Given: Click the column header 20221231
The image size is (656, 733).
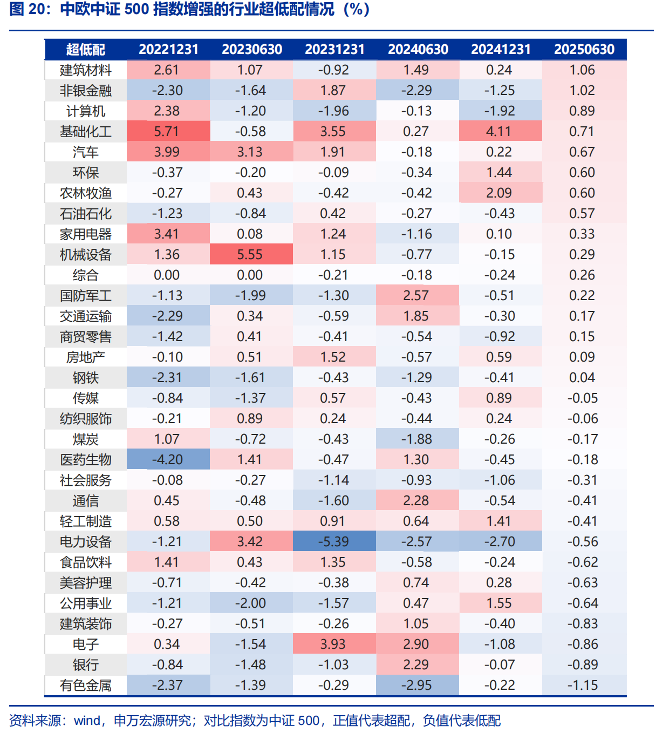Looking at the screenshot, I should coord(168,50).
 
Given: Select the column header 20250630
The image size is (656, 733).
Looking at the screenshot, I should coord(584,50).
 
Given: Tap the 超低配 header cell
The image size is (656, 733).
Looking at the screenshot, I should coord(85,50).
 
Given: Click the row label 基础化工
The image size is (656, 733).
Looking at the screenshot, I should coord(85,132).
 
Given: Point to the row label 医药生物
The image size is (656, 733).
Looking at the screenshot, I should coord(85,460).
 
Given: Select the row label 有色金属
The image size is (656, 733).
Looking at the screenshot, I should coord(85,686).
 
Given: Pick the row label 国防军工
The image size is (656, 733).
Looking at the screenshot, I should coord(85,296).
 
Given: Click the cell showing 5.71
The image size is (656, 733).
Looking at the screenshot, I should coord(167,132).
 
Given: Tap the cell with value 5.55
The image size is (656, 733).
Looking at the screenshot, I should coord(250,255).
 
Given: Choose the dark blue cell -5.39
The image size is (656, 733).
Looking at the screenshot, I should coord(333,542).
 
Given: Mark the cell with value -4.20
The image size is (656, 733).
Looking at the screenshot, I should coord(167,460).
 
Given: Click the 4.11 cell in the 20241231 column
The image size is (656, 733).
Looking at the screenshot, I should coord(499,132).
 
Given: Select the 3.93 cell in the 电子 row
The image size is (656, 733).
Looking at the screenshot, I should coord(333,644).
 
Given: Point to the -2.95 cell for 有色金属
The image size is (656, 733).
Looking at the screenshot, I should coord(416,686).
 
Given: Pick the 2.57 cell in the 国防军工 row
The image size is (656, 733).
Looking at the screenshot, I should coord(416,296).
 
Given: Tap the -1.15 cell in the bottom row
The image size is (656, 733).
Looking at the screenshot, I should coord(583,686).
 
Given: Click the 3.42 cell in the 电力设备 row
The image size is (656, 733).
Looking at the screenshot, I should coord(250,542).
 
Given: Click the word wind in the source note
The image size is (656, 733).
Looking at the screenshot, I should coord(87,721).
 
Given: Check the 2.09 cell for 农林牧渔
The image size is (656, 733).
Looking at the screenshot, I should coord(499,193).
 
